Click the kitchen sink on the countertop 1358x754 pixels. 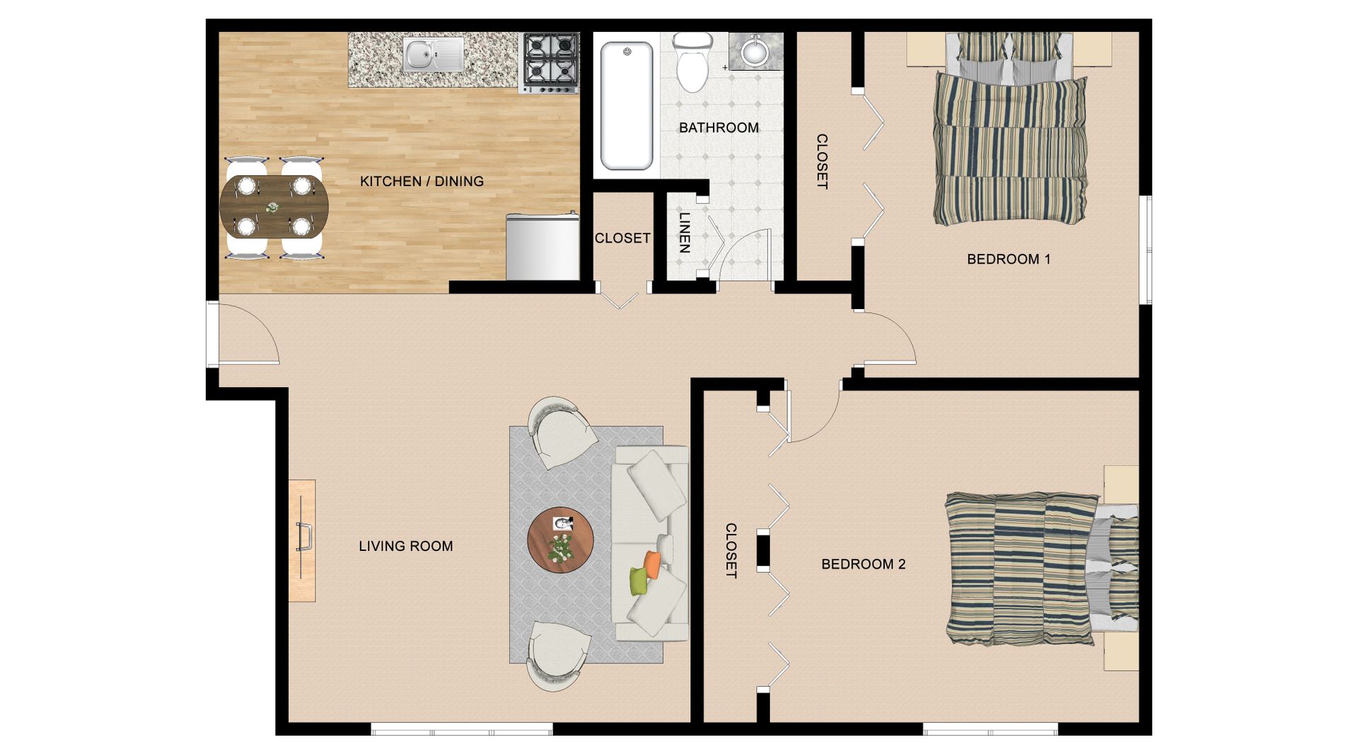433,54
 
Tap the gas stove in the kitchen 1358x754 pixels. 550,62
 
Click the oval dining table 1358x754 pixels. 274,207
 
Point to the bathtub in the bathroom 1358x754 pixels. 627,105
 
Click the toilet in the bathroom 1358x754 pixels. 692,62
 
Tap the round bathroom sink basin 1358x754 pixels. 756,51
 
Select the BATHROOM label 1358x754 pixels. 719,128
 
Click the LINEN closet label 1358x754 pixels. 684,233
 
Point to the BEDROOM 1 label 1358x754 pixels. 1009,260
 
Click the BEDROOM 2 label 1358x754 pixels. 863,564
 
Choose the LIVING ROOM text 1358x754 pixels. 405,546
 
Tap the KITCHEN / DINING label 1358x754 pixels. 422,182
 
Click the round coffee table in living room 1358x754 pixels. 560,540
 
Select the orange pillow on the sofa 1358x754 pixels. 652,564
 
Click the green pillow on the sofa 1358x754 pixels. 639,581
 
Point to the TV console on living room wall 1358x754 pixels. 302,541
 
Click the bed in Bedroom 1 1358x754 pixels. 1009,129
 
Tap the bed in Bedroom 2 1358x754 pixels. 1042,569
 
